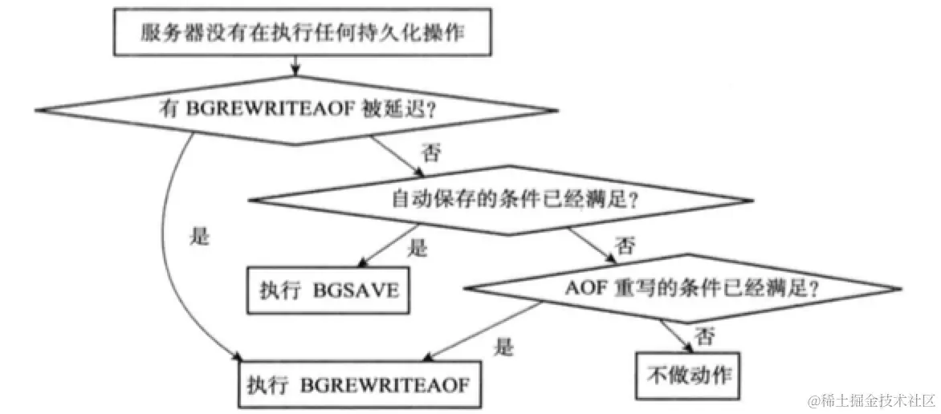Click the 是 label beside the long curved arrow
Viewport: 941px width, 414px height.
198,238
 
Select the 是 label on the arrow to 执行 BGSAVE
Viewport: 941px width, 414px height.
418,249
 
